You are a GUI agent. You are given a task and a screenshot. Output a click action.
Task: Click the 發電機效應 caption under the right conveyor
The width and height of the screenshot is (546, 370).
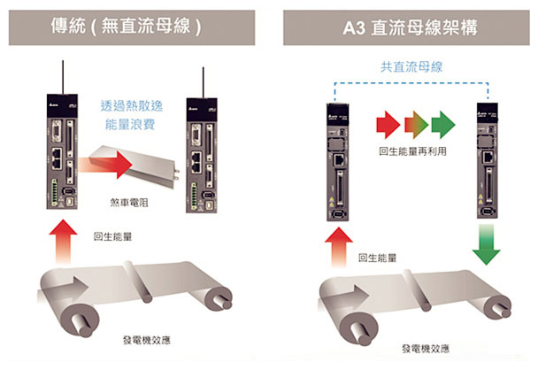pyautogui.click(x=424, y=348)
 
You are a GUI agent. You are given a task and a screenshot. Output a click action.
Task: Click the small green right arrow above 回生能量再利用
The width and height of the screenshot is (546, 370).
pyautogui.click(x=443, y=122)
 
